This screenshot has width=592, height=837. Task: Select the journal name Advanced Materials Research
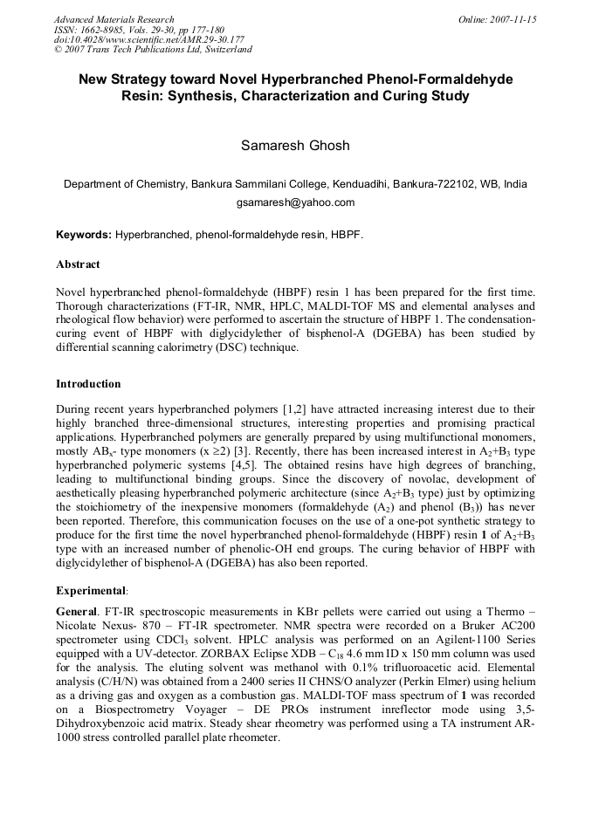click(x=114, y=19)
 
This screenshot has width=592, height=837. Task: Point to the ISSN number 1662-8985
click(x=108, y=30)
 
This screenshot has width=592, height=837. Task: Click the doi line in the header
click(x=149, y=39)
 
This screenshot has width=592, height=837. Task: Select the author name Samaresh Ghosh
click(x=295, y=146)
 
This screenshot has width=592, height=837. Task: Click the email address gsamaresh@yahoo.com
click(x=295, y=202)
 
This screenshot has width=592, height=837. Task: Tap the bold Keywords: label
click(x=84, y=235)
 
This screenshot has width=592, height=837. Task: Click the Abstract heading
click(x=78, y=264)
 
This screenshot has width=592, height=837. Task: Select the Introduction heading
click(x=88, y=384)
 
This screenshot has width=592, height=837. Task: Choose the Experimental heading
click(x=90, y=590)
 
